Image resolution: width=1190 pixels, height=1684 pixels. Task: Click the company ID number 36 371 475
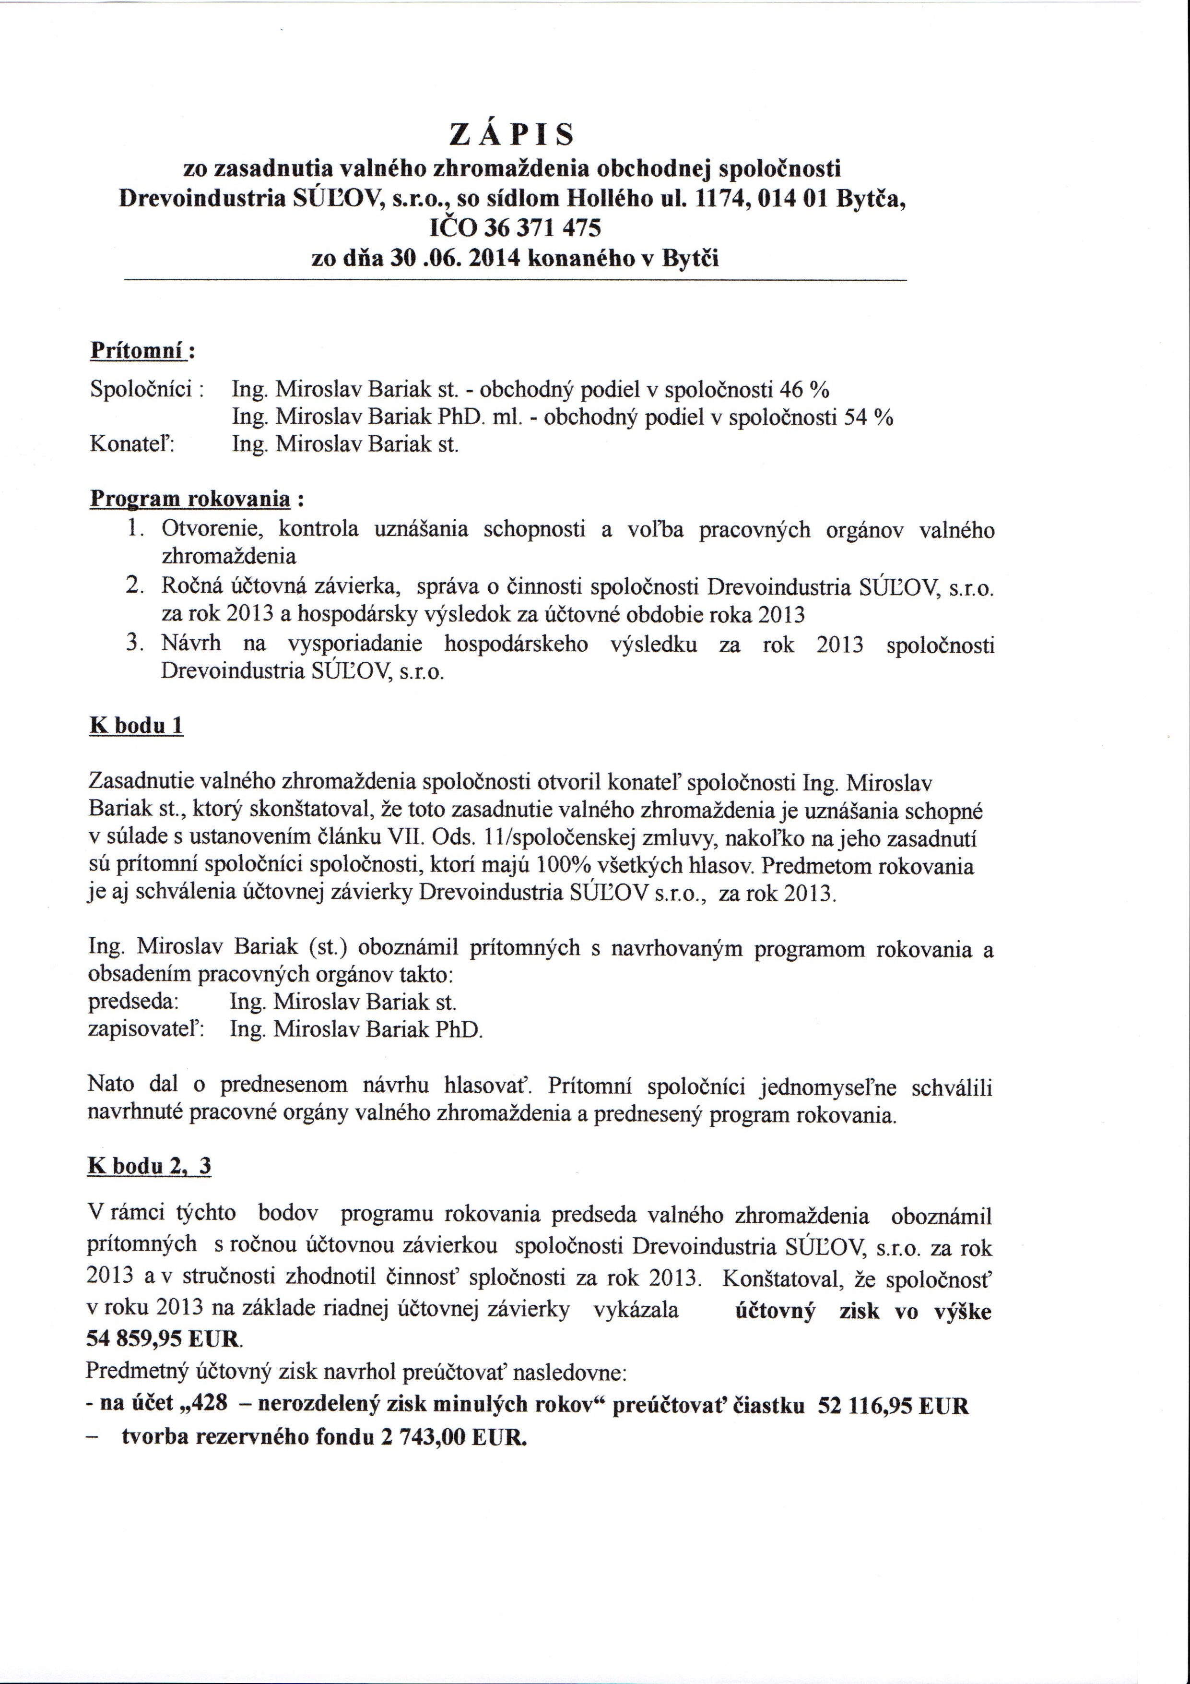click(543, 229)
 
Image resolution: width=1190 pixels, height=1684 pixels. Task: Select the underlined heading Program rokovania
click(190, 500)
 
